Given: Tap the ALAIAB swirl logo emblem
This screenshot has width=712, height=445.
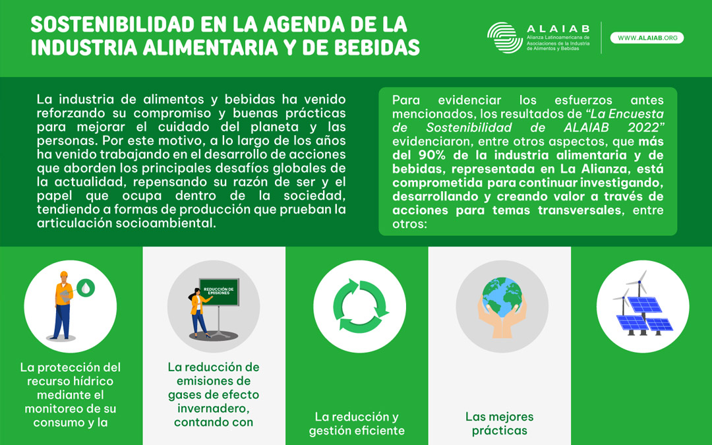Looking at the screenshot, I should [504, 38].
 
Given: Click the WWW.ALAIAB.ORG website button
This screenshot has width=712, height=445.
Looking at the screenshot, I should [647, 38].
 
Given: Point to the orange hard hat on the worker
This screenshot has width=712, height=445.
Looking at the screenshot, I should [64, 275].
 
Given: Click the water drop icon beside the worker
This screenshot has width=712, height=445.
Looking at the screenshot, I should [86, 287].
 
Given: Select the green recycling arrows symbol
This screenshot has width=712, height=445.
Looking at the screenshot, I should [359, 306].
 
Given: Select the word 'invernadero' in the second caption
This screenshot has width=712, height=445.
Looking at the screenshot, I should [213, 408].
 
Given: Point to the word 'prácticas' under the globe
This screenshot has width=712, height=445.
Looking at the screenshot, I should [499, 430].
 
